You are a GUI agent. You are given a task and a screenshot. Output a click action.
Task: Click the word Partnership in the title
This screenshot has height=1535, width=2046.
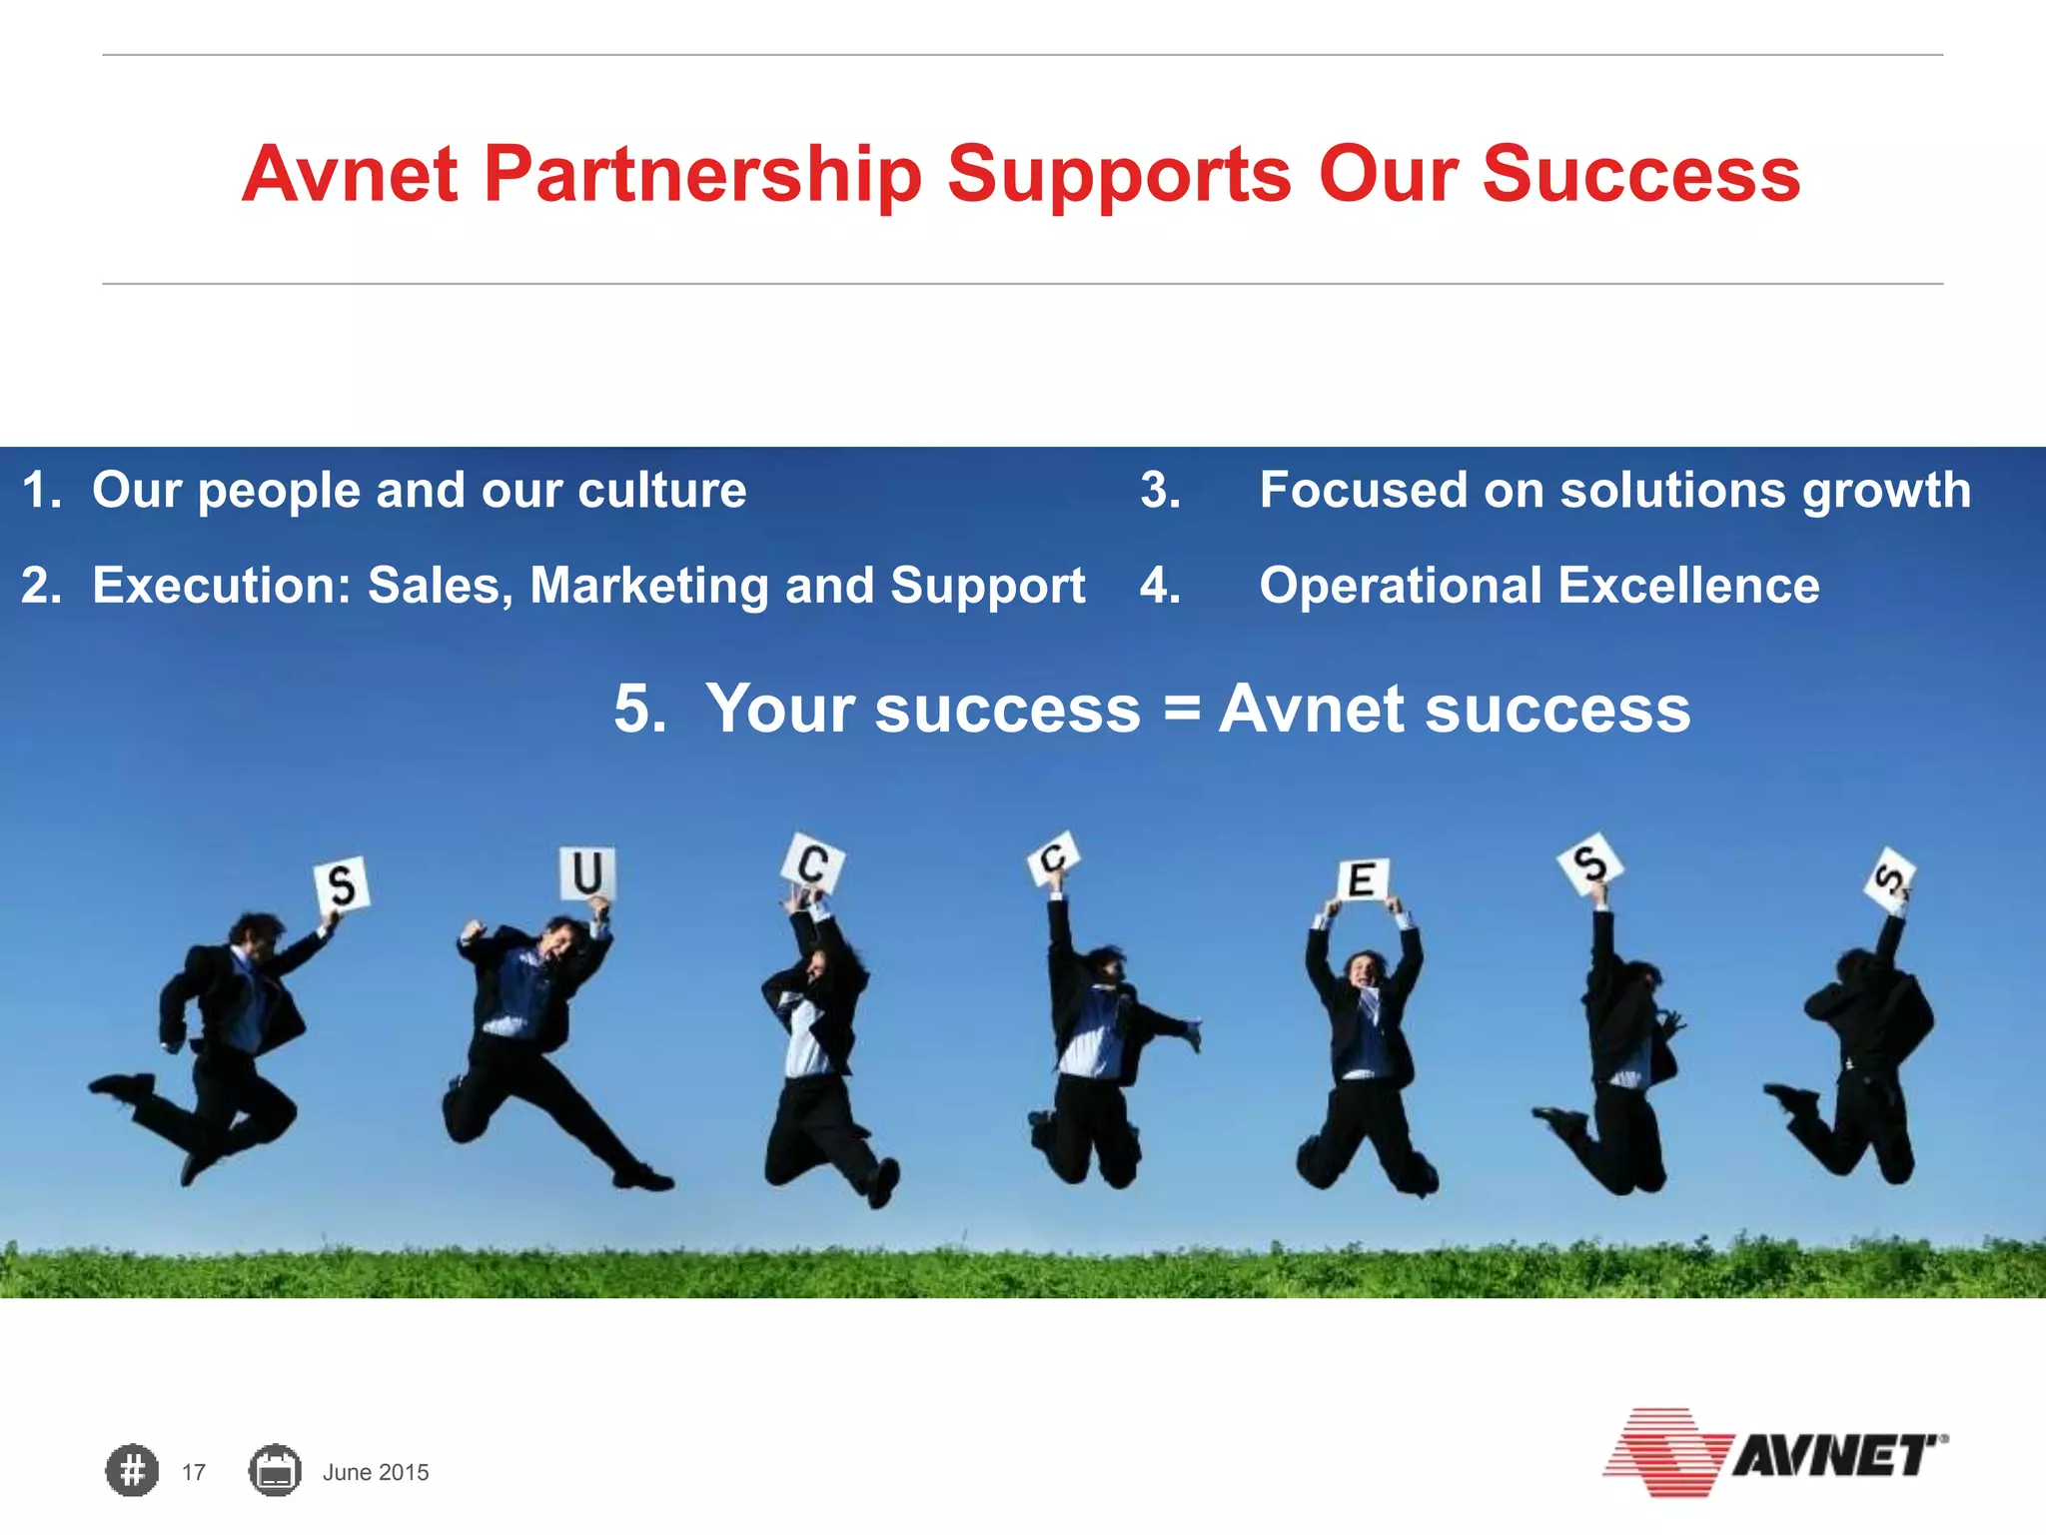702,176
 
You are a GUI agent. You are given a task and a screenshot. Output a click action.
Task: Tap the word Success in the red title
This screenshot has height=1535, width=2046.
1640,174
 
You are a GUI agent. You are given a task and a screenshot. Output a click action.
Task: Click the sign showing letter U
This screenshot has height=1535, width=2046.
586,872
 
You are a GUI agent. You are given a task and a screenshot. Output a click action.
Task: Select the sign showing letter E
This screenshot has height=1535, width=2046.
1362,880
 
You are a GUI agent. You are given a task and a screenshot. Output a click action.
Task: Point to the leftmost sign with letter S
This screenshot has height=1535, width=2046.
342,884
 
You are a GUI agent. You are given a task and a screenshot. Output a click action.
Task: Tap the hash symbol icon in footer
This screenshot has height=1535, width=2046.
132,1471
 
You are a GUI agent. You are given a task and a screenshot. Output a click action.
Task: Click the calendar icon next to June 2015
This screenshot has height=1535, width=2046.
275,1471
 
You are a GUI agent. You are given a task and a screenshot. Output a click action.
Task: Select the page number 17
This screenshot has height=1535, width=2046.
194,1472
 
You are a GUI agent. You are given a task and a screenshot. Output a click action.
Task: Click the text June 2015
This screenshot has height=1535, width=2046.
376,1472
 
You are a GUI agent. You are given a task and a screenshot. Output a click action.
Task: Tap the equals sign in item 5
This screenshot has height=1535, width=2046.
1181,710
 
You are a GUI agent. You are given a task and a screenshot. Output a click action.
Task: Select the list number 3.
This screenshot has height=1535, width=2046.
1160,491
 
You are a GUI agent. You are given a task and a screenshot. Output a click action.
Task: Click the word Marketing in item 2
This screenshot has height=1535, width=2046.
648,586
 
